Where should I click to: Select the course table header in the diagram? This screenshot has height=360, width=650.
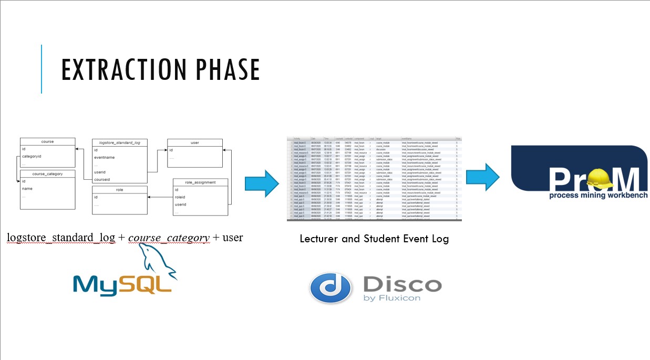tap(47, 141)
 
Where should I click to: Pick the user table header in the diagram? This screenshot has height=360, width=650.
tap(194, 142)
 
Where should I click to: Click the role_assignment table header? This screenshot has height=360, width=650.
tap(201, 182)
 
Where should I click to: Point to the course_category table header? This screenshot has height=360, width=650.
tap(47, 173)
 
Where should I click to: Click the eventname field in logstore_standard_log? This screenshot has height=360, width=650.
tap(104, 157)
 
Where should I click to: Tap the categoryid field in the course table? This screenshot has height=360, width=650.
tap(32, 156)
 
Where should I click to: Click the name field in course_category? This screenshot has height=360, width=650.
tap(27, 188)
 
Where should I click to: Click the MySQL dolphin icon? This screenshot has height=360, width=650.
tap(158, 261)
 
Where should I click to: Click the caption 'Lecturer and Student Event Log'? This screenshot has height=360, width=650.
tap(374, 239)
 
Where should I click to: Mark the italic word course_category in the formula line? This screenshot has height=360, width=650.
tap(168, 238)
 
